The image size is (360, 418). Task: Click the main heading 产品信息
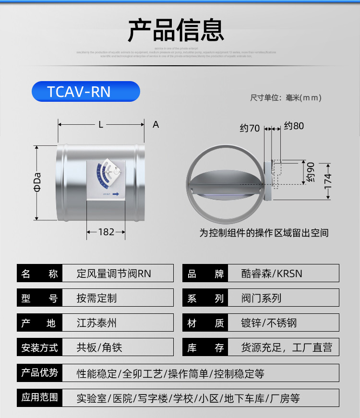176,30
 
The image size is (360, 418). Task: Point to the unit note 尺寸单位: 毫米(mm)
285,98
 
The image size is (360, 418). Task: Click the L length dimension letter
101,125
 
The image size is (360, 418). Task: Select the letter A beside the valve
156,125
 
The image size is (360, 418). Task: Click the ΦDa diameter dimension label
37,182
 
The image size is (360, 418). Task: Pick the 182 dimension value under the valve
106,232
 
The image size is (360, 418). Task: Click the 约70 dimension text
250,128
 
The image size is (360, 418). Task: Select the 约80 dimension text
294,126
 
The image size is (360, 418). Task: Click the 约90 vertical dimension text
311,172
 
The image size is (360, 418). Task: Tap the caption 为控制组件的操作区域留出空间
264,233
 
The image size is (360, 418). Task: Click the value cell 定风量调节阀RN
114,274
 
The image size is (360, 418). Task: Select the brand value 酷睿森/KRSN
272,274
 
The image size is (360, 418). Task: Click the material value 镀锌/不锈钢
269,323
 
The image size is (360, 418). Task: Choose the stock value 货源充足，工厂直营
286,347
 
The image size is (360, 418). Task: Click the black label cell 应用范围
40,398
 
